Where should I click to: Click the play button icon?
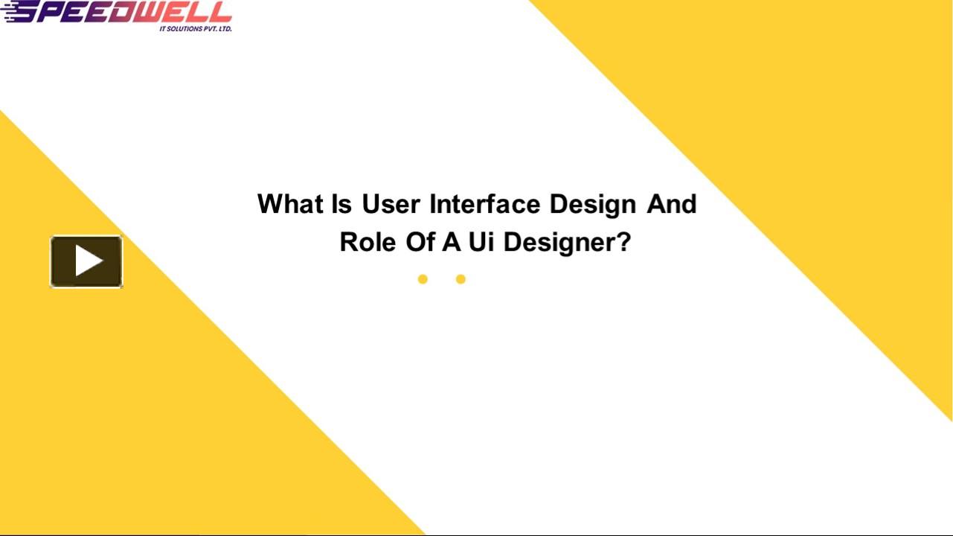tap(86, 261)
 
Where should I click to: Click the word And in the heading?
tap(671, 204)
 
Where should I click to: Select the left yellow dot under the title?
tap(423, 279)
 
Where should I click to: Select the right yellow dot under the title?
tap(461, 279)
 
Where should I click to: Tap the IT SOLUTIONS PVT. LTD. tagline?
tap(196, 28)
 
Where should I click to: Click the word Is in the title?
tap(341, 204)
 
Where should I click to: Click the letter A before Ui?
tap(451, 243)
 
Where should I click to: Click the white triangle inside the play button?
tap(89, 261)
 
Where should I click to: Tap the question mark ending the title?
tap(623, 243)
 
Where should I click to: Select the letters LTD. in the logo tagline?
tap(223, 28)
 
